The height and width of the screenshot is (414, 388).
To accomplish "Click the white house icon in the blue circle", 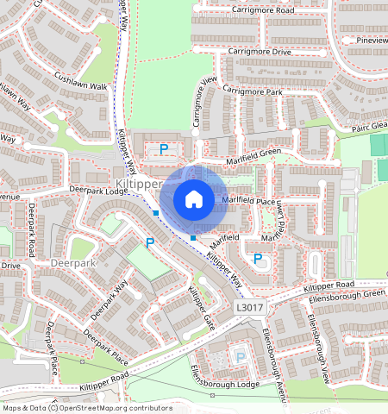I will click(194, 199).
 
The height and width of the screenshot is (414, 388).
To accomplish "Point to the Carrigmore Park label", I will click(252, 91).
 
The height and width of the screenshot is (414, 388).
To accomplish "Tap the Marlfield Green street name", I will click(253, 153).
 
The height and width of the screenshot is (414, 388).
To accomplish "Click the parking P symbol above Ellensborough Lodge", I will click(241, 356).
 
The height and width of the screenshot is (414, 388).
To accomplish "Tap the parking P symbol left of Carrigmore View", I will click(163, 149).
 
